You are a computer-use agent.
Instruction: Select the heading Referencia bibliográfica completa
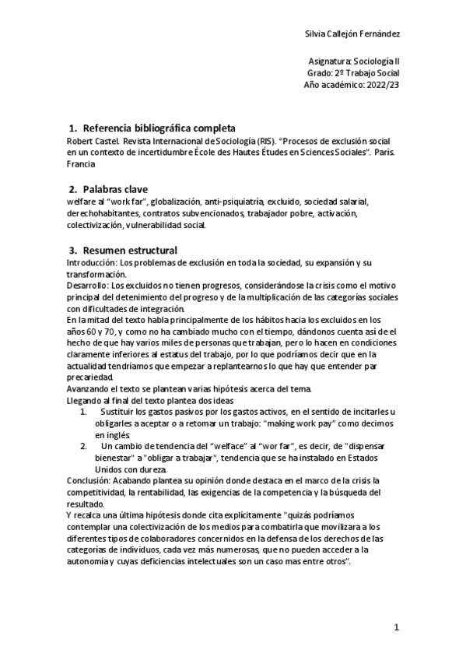click(159, 128)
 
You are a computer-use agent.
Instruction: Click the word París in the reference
click(384, 153)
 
